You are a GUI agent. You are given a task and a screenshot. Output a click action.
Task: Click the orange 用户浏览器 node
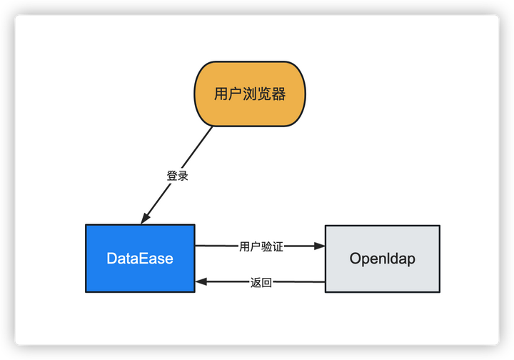coord(250,94)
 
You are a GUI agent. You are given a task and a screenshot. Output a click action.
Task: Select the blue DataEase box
coord(140,258)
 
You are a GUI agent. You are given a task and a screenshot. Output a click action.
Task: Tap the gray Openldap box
coord(382,258)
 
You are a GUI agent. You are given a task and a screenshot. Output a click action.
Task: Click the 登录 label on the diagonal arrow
coord(177,176)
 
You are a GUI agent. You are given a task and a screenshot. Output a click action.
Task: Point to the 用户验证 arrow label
coord(261,246)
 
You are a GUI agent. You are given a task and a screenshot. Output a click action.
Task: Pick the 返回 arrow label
coord(261,282)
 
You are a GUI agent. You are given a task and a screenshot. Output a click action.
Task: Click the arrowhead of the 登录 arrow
coord(146,218)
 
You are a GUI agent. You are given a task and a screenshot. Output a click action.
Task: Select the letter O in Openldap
coord(356,259)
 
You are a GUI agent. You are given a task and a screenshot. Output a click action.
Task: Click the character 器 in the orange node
coord(278,94)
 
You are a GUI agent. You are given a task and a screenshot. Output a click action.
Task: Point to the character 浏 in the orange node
coord(250,94)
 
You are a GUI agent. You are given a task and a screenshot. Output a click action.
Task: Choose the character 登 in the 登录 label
coord(172,176)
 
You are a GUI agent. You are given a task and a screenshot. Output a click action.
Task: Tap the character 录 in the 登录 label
coord(183,176)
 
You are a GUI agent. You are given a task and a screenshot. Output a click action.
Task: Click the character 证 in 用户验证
coord(278,246)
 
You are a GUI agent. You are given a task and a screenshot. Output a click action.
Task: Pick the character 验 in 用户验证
coord(266,246)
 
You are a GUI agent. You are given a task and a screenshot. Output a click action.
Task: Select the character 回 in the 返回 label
coord(267,282)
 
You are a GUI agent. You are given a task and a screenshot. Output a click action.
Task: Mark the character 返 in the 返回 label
coord(256,282)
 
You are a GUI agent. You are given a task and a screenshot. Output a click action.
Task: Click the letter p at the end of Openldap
coord(410,260)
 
